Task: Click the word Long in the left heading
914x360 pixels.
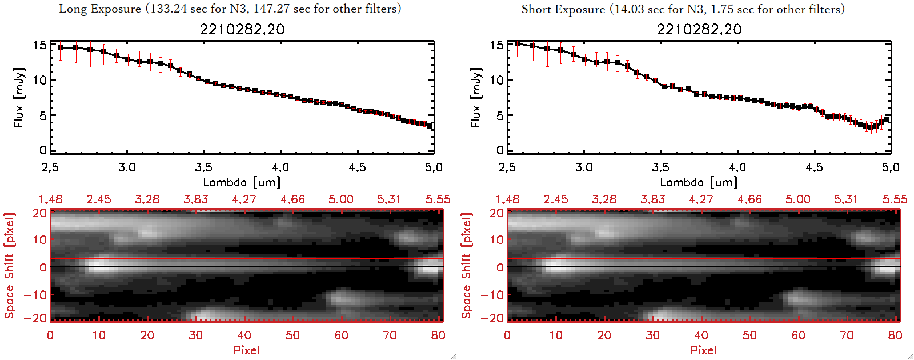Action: pyautogui.click(x=71, y=9)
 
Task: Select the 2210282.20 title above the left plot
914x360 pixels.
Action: pyautogui.click(x=242, y=29)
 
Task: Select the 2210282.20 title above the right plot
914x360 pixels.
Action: pyautogui.click(x=699, y=29)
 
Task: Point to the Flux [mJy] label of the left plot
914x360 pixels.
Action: pyautogui.click(x=19, y=97)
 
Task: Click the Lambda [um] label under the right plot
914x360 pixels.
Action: pyautogui.click(x=699, y=182)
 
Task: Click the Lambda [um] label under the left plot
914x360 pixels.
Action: pyautogui.click(x=242, y=182)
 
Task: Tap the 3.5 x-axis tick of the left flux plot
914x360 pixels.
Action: pyautogui.click(x=203, y=167)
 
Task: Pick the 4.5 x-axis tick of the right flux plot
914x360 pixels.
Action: pyautogui.click(x=814, y=167)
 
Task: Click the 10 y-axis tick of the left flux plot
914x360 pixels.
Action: pyautogui.click(x=39, y=80)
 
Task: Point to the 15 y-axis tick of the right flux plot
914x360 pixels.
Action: pyautogui.click(x=496, y=45)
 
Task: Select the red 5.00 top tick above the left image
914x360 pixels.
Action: pyautogui.click(x=340, y=199)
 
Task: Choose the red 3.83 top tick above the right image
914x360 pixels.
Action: pyautogui.click(x=652, y=199)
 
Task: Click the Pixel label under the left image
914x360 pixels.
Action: pyautogui.click(x=246, y=350)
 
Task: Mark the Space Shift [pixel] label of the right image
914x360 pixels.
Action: pyautogui.click(x=467, y=266)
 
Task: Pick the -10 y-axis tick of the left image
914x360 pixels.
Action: pyautogui.click(x=35, y=295)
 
